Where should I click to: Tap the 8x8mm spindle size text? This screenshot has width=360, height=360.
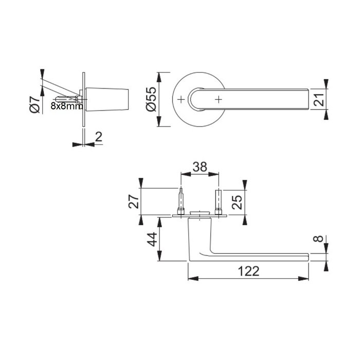pos(66,106)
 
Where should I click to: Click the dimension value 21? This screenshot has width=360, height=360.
pos(319,99)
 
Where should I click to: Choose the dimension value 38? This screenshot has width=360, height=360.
pos(200,167)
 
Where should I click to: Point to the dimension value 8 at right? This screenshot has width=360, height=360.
pos(319,239)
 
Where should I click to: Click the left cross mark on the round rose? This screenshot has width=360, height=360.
pos(181,99)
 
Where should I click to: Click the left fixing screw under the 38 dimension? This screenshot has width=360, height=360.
pos(181,203)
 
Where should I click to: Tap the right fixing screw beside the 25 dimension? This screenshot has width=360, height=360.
pos(219,203)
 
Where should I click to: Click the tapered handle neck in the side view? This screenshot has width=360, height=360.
pos(108,99)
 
